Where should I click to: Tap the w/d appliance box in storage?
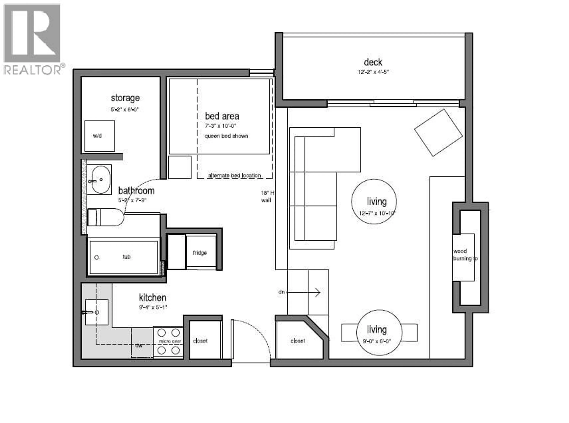point(100,136)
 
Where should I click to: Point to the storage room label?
point(125,98)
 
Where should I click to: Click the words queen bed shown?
point(226,136)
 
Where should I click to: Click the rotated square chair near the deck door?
point(438,133)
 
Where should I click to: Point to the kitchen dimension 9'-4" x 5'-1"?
point(153,307)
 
